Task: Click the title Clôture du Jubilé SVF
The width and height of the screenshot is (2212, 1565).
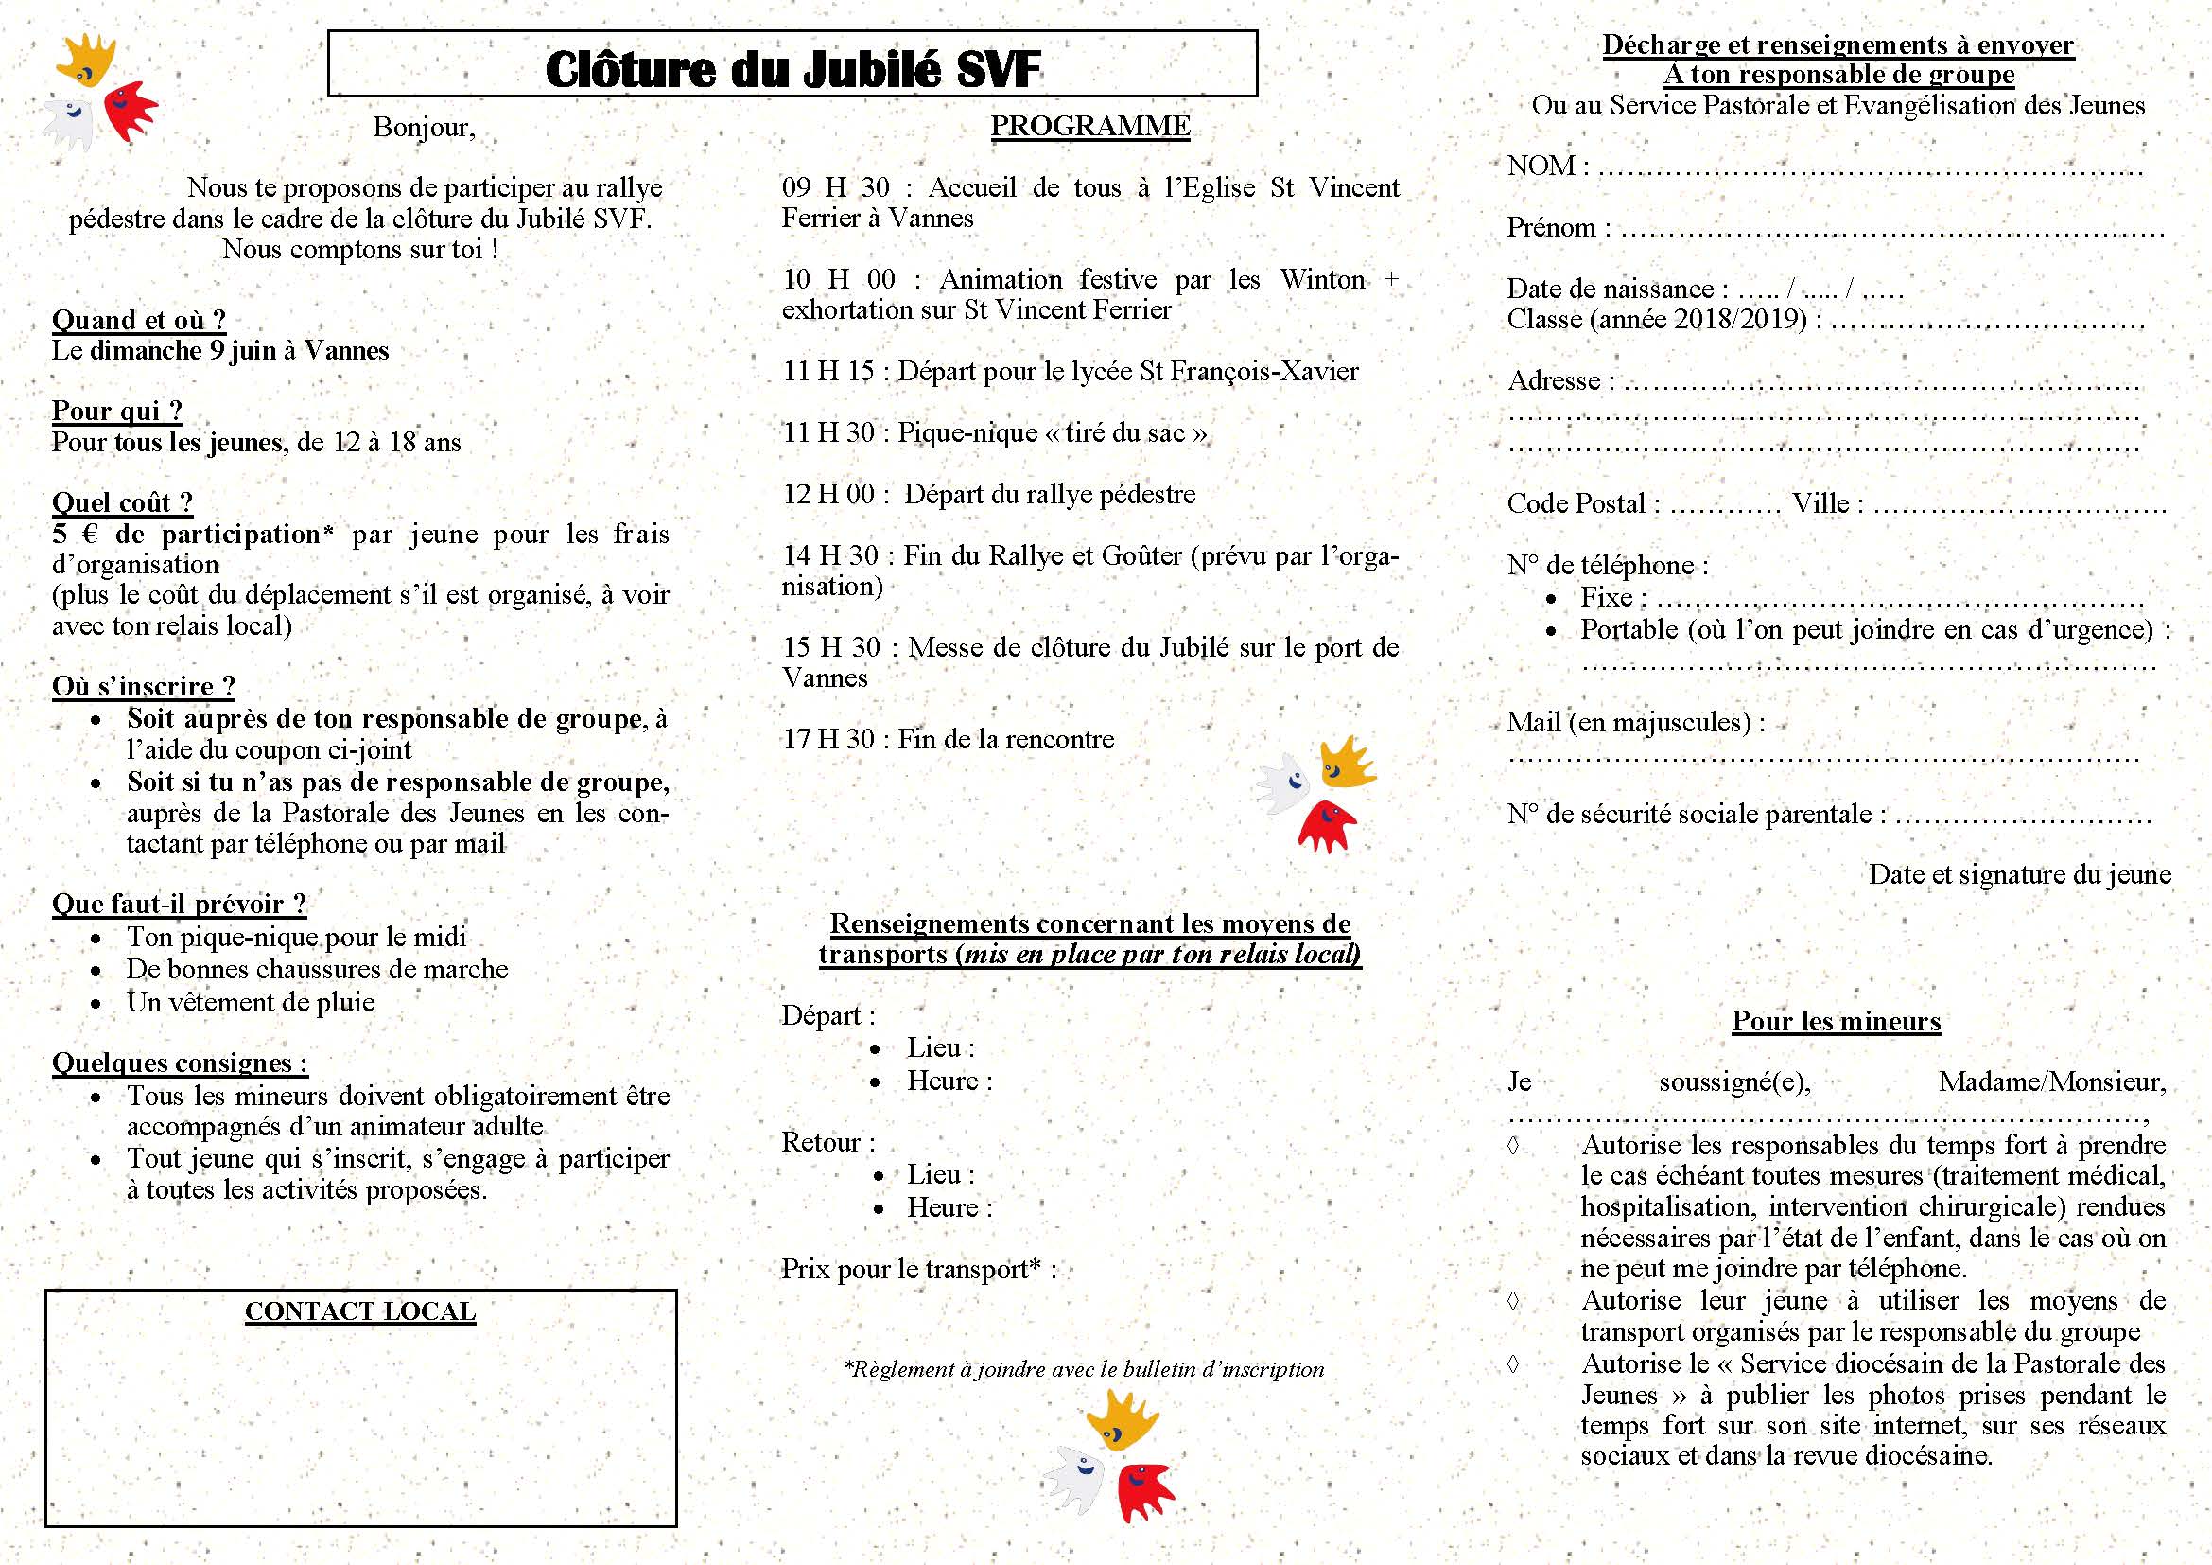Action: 792,69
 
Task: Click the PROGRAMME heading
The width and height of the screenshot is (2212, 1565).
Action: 1089,126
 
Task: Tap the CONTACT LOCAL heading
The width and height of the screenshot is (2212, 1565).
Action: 359,1311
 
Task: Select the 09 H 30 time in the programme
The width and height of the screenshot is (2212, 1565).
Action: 835,187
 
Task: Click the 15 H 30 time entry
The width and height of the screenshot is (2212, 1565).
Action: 830,647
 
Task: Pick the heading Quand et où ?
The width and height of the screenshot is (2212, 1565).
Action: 139,320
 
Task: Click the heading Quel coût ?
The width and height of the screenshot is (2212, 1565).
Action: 122,502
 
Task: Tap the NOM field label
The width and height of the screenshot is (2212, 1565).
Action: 1541,166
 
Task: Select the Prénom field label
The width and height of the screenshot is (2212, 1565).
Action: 1551,227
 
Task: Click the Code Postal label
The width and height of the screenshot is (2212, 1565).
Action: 1576,503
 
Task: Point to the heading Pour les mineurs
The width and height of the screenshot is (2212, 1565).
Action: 1836,1022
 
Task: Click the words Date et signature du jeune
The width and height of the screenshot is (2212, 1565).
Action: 2019,874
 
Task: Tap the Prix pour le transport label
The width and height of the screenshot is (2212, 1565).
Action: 911,1269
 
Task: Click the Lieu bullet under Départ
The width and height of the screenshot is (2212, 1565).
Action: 939,1048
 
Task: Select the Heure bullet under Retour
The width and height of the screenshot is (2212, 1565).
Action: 948,1207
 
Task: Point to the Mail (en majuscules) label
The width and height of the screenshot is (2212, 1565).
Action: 1629,722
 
